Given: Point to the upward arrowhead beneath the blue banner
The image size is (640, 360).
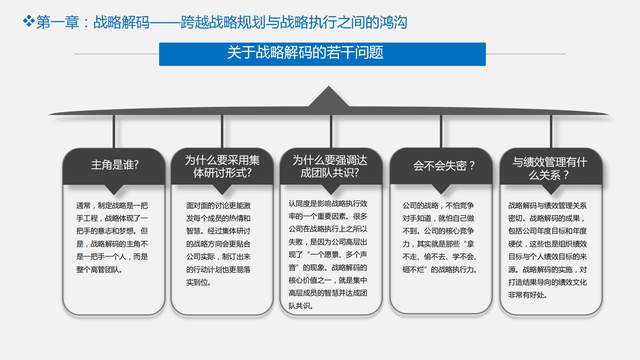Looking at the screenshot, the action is click(x=320, y=96).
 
